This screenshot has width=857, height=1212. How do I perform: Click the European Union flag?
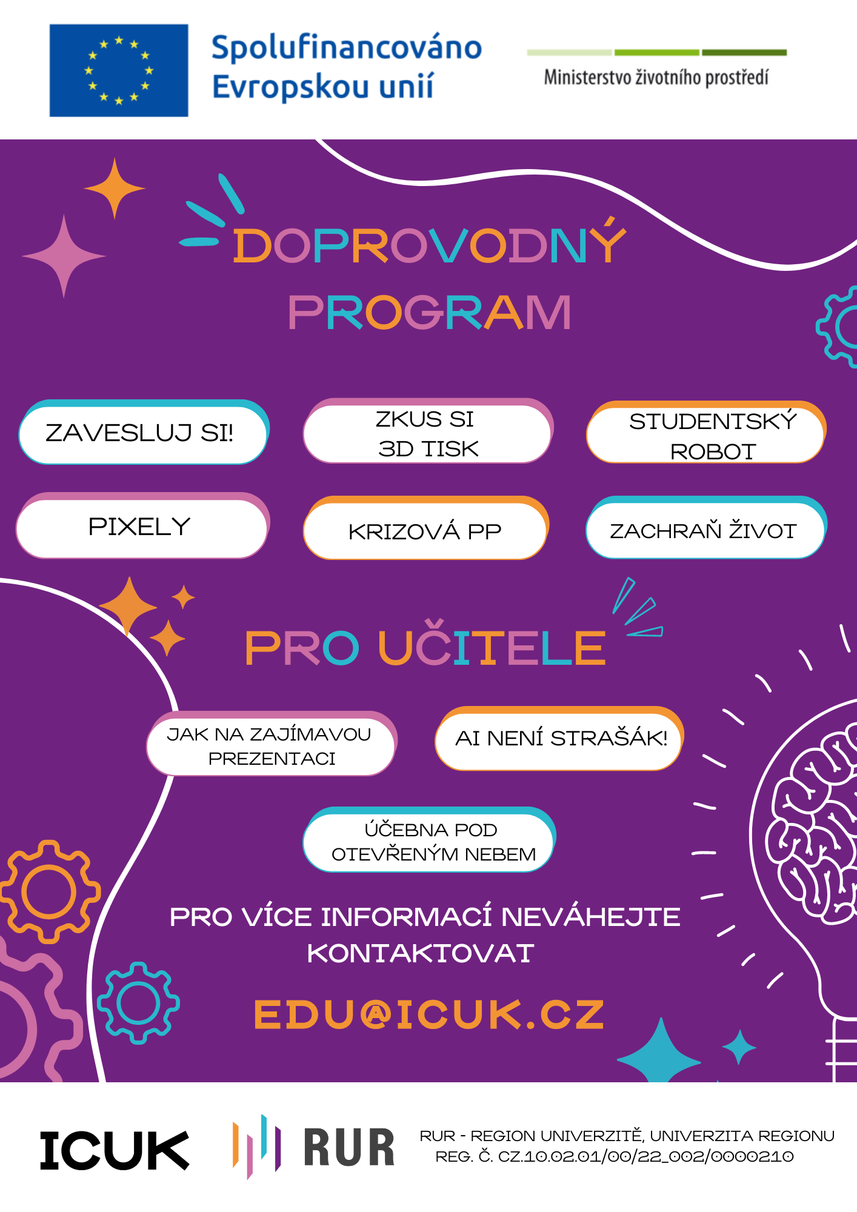[x=119, y=70]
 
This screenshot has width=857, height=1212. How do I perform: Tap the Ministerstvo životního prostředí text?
[x=656, y=78]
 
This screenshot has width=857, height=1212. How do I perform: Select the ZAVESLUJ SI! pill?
[x=142, y=433]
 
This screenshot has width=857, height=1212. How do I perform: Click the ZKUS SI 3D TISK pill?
[x=427, y=433]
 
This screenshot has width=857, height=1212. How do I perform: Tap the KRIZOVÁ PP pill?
[x=425, y=531]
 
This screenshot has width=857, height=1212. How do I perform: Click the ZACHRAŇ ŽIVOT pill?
[x=705, y=530]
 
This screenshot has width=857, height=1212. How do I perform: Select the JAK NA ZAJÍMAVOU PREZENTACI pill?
[x=270, y=746]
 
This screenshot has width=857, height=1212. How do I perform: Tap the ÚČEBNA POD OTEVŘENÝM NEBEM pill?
[x=429, y=842]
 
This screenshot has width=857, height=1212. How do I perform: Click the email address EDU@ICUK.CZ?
[x=429, y=1014]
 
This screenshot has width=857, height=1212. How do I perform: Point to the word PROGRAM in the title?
[x=429, y=313]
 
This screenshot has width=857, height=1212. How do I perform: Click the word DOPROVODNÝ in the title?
[x=429, y=246]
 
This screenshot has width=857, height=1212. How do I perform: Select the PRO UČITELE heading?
[x=425, y=648]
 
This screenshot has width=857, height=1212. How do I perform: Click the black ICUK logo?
[x=115, y=1150]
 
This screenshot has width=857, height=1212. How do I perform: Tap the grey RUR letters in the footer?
[x=349, y=1148]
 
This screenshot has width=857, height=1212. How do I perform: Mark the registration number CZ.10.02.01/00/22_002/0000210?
[x=645, y=1157]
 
